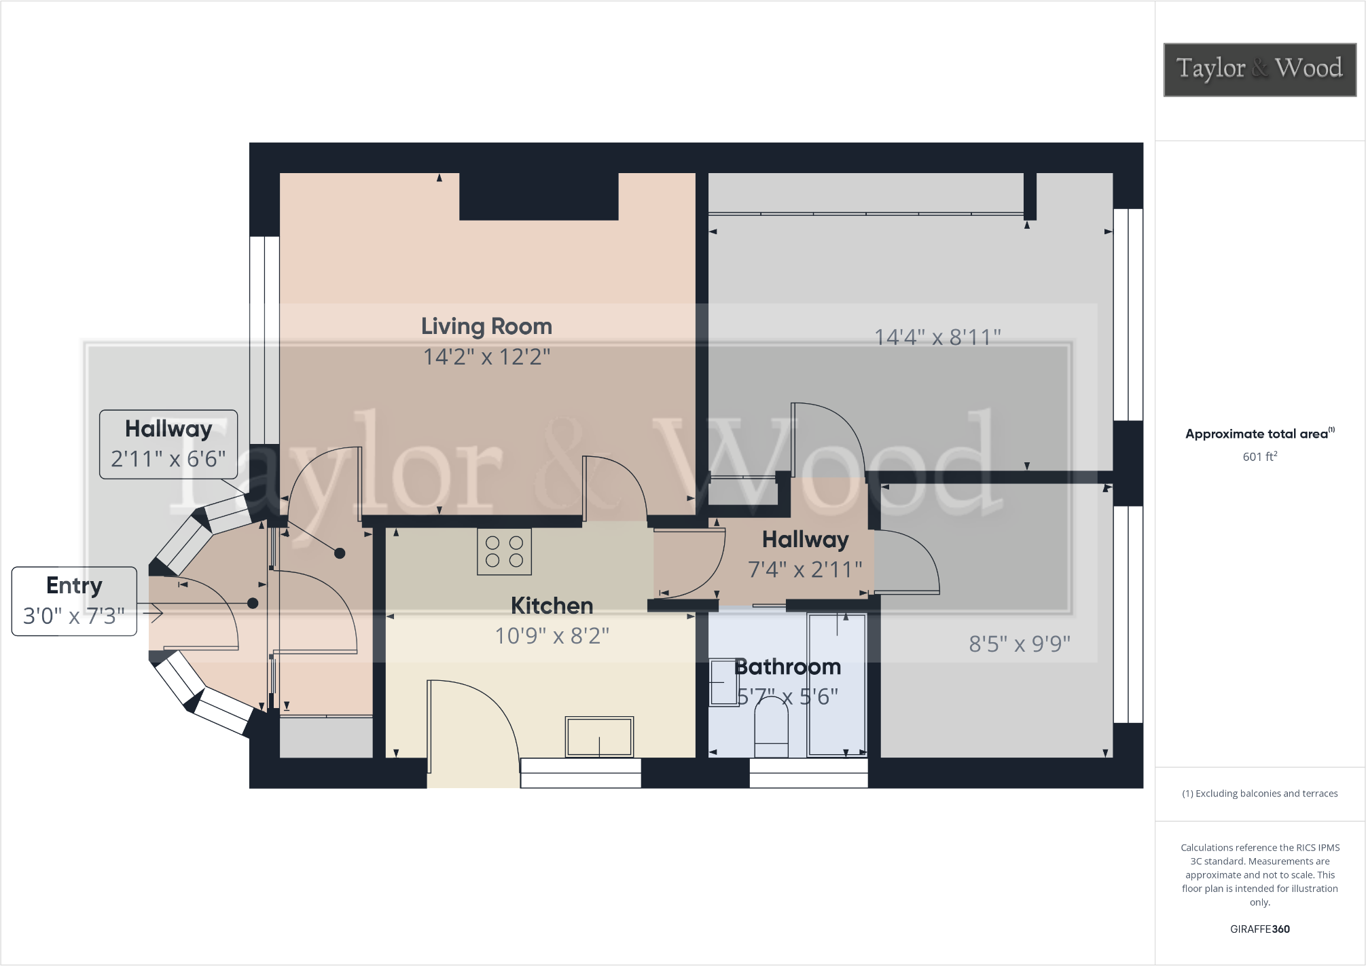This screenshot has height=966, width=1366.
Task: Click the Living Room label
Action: [x=486, y=327]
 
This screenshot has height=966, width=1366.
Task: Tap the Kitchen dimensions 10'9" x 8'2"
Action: [x=552, y=636]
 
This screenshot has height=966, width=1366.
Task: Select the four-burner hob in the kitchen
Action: [x=504, y=552]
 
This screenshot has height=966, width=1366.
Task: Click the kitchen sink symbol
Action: [x=599, y=737]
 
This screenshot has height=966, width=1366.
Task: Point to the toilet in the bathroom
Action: [x=771, y=730]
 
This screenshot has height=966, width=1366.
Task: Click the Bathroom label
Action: [x=788, y=667]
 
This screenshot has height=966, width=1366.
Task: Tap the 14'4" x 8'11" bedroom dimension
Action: [x=937, y=337]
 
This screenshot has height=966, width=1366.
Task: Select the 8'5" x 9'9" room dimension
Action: [x=1020, y=644]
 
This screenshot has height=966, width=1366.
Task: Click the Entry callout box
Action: [x=74, y=601]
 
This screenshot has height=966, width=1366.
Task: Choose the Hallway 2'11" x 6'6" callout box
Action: [x=168, y=445]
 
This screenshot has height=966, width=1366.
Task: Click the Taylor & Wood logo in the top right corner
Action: [x=1259, y=69]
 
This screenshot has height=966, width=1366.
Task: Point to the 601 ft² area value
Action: [x=1259, y=457]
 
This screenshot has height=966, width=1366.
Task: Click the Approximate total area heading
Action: [x=1259, y=434]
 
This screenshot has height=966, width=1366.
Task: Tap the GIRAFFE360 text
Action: [x=1259, y=929]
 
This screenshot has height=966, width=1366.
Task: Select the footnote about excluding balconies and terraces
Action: [x=1259, y=794]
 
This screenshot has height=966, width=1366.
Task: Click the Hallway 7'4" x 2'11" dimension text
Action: [x=805, y=570]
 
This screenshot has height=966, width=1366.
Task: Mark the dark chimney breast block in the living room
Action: [x=539, y=196]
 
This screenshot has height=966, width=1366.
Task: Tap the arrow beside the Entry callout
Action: [x=154, y=614]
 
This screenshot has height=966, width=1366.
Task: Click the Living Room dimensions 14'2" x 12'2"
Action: [x=486, y=357]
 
